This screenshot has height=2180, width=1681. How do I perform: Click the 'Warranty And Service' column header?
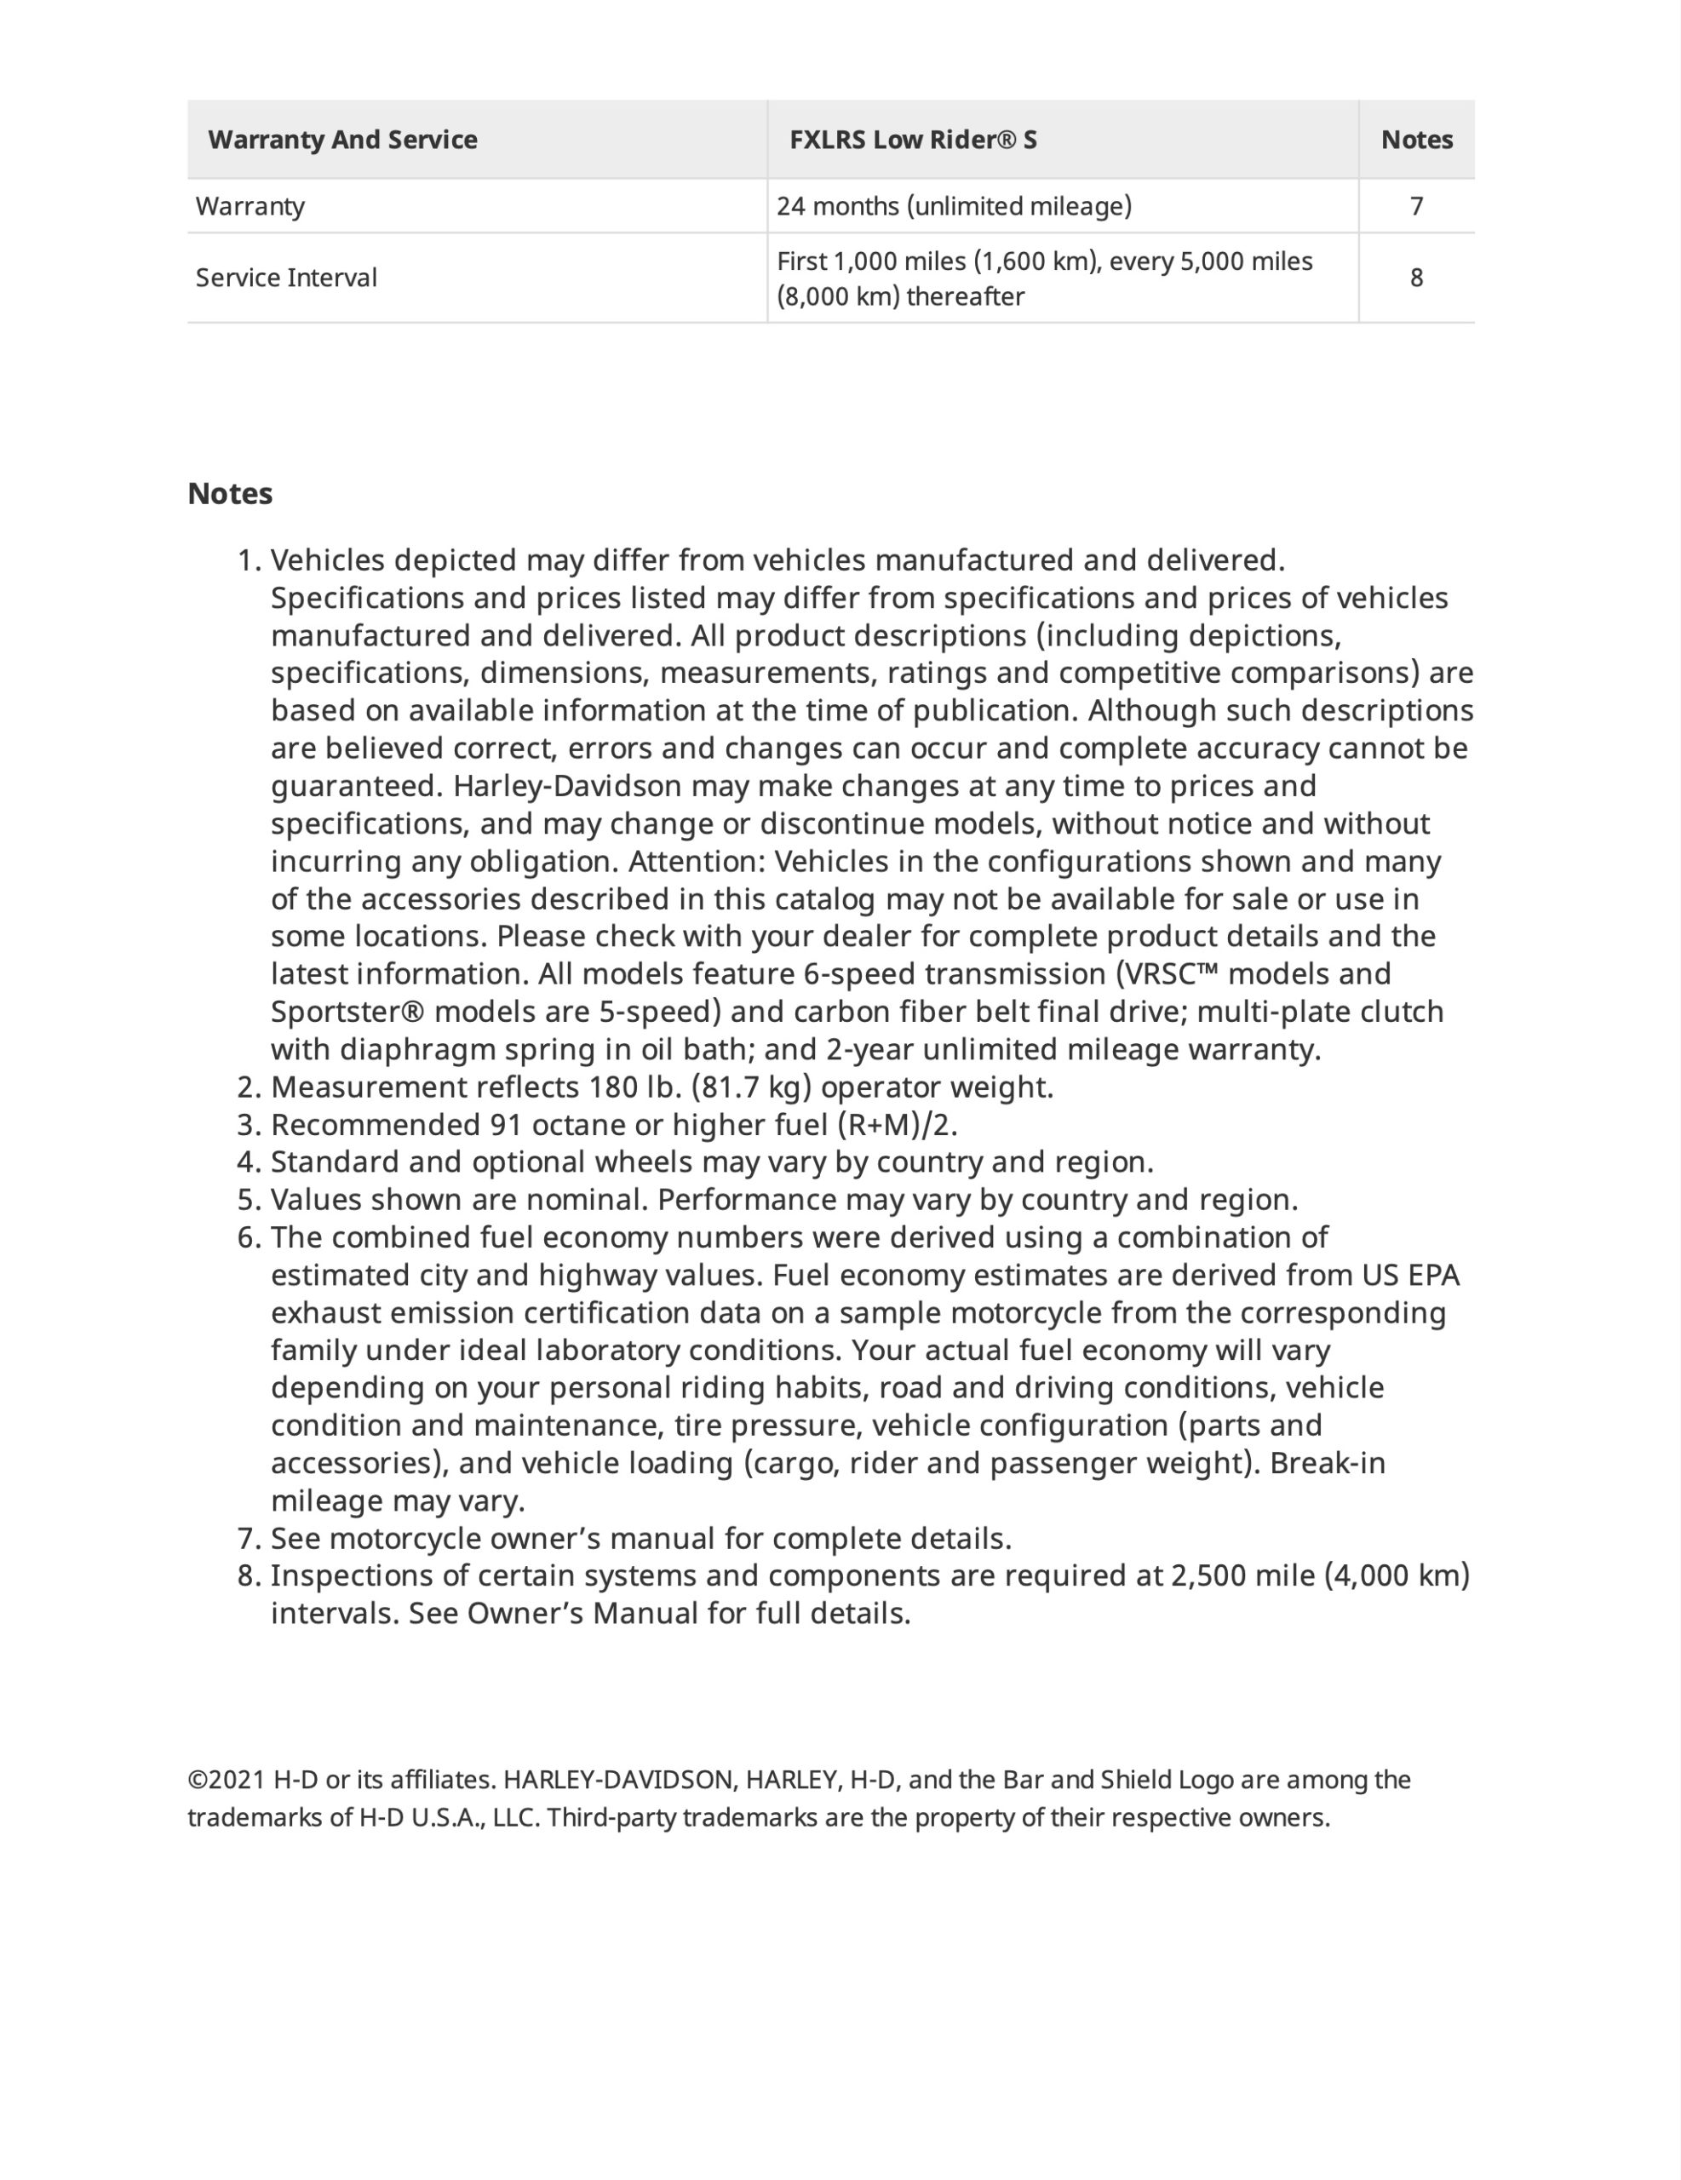pos(342,140)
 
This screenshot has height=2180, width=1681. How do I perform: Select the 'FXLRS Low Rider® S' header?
pos(912,140)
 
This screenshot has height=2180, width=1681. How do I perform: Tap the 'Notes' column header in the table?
pos(1415,140)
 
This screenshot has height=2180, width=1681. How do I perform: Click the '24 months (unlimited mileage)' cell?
pos(953,207)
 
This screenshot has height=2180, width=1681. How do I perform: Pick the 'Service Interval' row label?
pos(286,278)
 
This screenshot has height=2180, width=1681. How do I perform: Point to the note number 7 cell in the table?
pos(1415,207)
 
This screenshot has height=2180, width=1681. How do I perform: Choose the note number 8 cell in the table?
pos(1415,278)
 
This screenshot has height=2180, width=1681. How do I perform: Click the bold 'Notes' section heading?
pos(230,494)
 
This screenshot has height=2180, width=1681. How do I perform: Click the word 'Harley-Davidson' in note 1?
pos(567,787)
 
